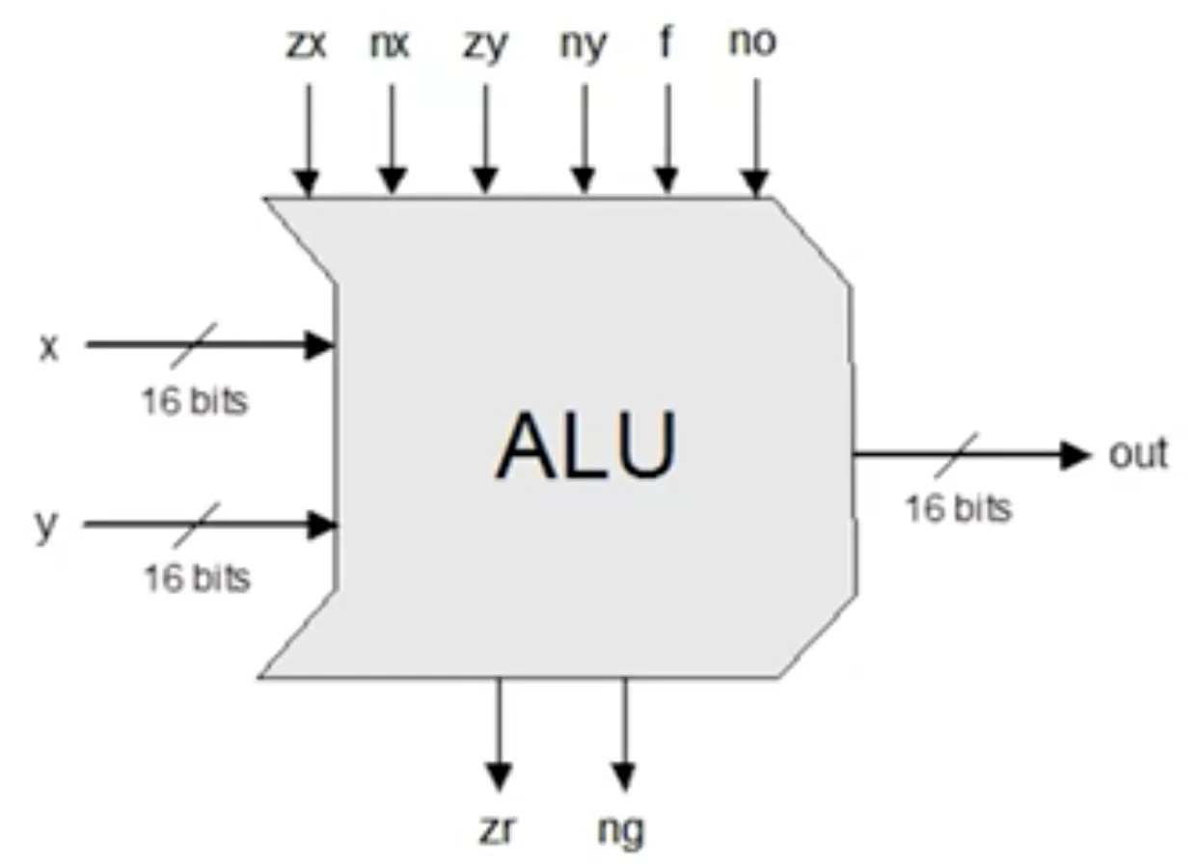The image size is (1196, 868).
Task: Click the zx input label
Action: (x=307, y=44)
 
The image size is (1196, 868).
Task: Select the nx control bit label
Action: (x=391, y=44)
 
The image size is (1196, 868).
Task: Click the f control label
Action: (x=665, y=42)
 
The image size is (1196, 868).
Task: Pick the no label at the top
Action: (x=753, y=43)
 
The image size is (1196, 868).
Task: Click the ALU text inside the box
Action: (x=586, y=447)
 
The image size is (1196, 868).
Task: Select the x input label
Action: (x=48, y=347)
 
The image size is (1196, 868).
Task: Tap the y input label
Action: (x=46, y=527)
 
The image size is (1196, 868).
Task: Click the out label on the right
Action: (x=1138, y=453)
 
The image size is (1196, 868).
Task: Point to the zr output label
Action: (x=498, y=829)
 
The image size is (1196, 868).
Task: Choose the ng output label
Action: (x=621, y=829)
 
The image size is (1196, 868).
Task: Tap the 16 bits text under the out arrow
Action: (x=959, y=508)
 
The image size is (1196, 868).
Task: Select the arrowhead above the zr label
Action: (x=498, y=775)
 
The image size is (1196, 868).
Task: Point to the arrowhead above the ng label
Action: (x=624, y=775)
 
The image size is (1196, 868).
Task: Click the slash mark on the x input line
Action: (x=195, y=344)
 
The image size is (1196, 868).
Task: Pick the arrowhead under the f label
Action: (x=665, y=180)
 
